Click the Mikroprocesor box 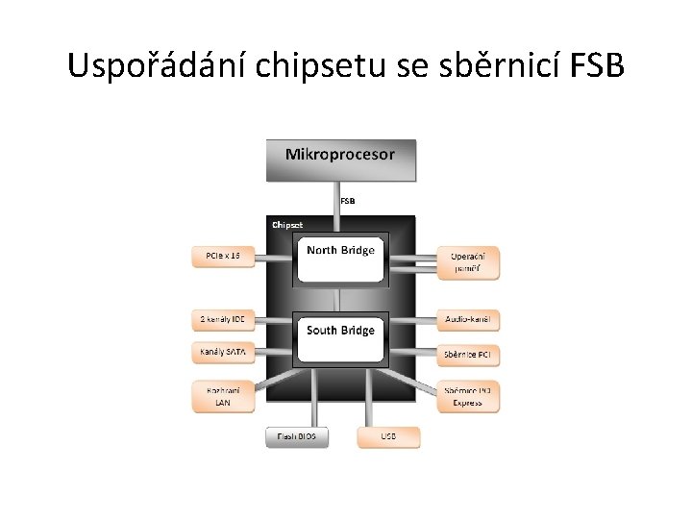340,160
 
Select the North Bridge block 340,258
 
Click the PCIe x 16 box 223,257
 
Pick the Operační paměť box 469,262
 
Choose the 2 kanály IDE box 223,319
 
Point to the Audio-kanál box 469,319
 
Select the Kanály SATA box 223,353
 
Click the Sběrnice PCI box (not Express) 469,355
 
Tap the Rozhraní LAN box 223,396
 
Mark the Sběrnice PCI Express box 469,396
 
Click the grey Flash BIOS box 297,437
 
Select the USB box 388,437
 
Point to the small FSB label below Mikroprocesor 348,202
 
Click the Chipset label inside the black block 287,225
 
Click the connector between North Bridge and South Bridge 340,299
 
